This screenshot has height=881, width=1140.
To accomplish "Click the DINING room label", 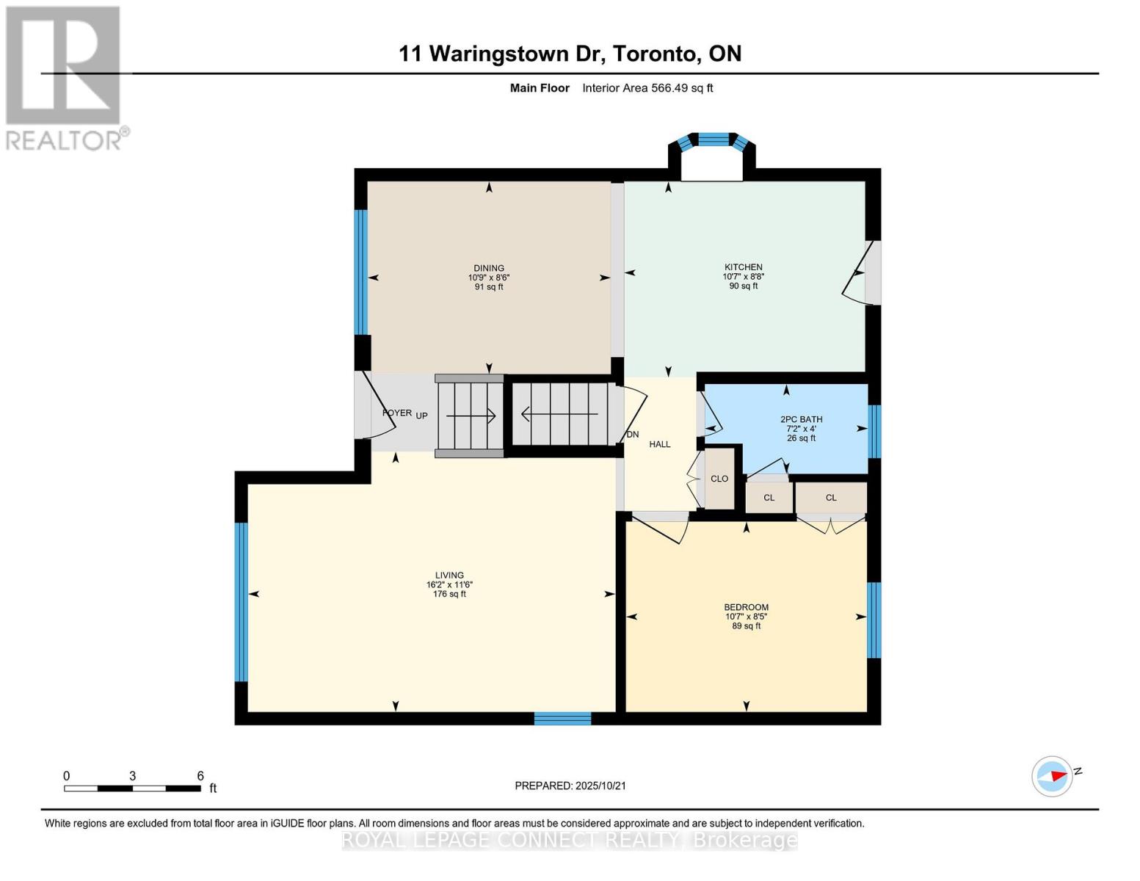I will tap(489, 268).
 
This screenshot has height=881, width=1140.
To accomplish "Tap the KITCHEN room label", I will tap(743, 267).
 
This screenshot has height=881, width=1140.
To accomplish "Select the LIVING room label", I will tap(449, 576).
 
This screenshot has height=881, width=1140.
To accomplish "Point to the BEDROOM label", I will tap(746, 607).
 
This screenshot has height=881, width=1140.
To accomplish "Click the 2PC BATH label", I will tap(801, 419).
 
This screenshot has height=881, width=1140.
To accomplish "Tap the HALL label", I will tap(659, 444).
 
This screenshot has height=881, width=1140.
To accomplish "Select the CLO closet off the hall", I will tap(719, 479).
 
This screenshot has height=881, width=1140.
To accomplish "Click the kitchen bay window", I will tap(711, 140).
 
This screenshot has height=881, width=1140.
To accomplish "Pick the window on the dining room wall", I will tap(360, 272).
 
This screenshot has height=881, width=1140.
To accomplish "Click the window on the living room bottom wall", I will tap(562, 718).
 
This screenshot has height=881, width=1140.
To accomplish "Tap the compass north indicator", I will tap(1053, 776).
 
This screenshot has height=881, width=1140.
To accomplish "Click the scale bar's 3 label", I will tap(132, 776).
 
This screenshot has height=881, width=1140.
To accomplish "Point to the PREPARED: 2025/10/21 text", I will tap(570, 786).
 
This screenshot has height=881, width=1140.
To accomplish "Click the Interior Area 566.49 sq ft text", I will tap(647, 88).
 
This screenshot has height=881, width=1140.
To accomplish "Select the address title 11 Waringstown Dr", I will tap(570, 54).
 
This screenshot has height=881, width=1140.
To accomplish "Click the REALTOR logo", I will tap(65, 78).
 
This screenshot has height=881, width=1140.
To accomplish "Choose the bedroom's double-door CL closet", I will tap(831, 498).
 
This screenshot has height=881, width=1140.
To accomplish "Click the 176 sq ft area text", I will tap(449, 594).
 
